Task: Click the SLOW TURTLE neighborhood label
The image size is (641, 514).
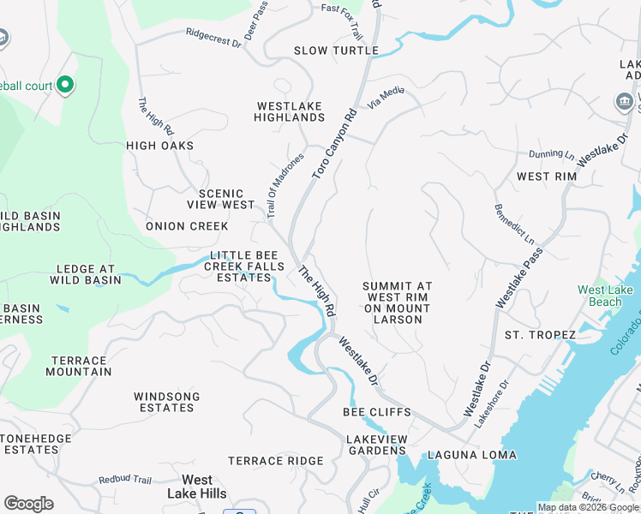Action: pos(336,51)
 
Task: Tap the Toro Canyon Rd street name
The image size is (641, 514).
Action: pos(334,143)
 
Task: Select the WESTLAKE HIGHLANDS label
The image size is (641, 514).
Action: pos(290,111)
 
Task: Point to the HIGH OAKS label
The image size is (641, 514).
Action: pos(160,146)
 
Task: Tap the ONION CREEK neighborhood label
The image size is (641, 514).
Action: pos(187,226)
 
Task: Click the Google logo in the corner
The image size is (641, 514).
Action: pos(28,504)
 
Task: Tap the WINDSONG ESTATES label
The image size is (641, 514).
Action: pos(166,402)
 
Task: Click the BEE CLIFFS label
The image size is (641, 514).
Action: pos(376,412)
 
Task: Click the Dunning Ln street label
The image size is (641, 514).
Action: pos(551,155)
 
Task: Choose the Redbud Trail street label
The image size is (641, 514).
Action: pos(125,480)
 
